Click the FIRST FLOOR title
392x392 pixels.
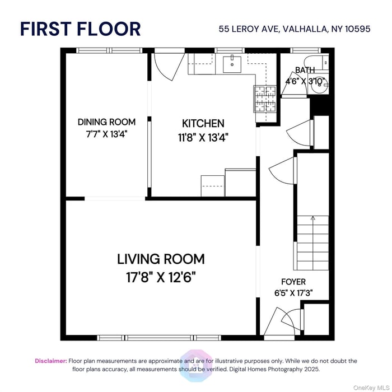click(80, 29)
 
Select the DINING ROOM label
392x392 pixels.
click(106, 122)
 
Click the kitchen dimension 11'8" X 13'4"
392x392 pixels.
click(203, 136)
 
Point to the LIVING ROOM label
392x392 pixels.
click(161, 259)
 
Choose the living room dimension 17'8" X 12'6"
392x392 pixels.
click(161, 277)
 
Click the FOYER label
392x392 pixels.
click(294, 282)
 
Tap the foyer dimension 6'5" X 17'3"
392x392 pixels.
click(294, 293)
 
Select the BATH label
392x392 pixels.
click(305, 70)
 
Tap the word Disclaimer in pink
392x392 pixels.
click(51, 361)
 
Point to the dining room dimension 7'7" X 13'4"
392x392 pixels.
click(106, 134)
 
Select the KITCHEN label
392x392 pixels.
click(203, 124)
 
